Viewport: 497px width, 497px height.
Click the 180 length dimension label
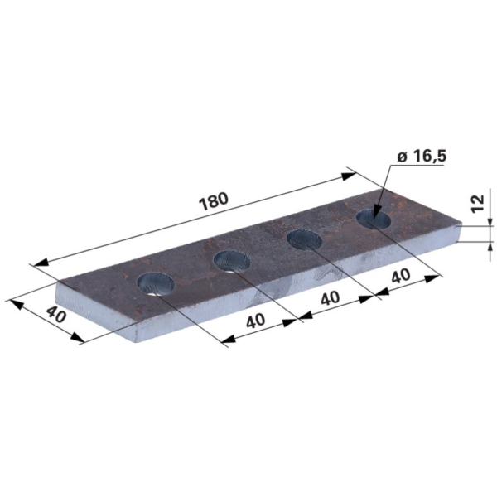click(214, 201)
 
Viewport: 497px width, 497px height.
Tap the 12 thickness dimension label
click(478, 203)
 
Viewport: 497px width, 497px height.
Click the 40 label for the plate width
click(56, 314)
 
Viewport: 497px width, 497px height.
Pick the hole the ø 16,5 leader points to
click(374, 219)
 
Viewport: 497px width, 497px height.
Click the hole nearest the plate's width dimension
click(156, 283)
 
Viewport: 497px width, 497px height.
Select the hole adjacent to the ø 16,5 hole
click(304, 239)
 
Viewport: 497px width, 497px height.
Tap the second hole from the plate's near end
click(232, 261)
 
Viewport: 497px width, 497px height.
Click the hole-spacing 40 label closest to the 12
click(401, 277)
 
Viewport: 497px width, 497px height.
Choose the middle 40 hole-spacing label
click(330, 298)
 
